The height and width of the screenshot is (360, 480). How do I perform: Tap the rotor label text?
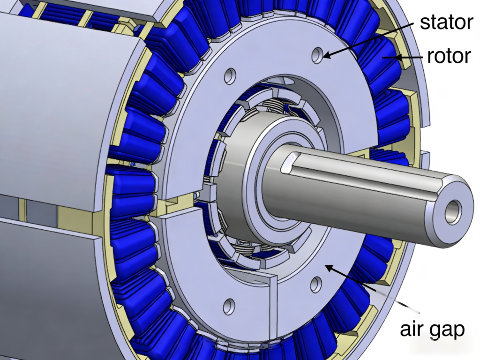tap(449, 56)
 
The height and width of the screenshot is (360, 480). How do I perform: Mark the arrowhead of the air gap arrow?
tap(329, 268)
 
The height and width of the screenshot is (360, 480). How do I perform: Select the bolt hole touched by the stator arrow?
tap(317, 55)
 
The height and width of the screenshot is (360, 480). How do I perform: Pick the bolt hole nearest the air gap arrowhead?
tap(316, 285)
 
